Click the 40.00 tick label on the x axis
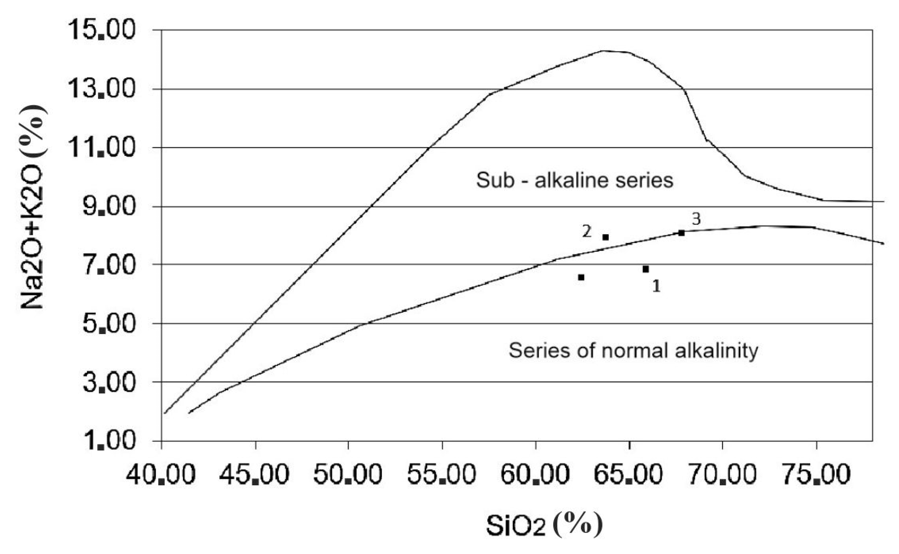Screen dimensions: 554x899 click(x=161, y=475)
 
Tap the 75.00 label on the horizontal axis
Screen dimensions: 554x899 click(x=816, y=475)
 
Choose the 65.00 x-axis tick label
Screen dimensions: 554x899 click(x=629, y=475)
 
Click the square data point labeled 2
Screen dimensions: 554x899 click(x=606, y=237)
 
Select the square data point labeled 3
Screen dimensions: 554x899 click(x=681, y=233)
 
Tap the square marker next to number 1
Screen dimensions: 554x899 click(x=646, y=269)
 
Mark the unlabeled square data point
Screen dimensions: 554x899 click(x=581, y=277)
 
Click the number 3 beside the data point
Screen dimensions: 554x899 click(x=696, y=219)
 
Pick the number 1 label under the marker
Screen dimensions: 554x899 click(x=656, y=286)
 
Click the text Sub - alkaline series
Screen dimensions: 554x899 click(x=575, y=180)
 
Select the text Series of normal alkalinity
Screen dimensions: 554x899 click(x=633, y=351)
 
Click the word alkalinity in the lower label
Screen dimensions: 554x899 click(x=716, y=351)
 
